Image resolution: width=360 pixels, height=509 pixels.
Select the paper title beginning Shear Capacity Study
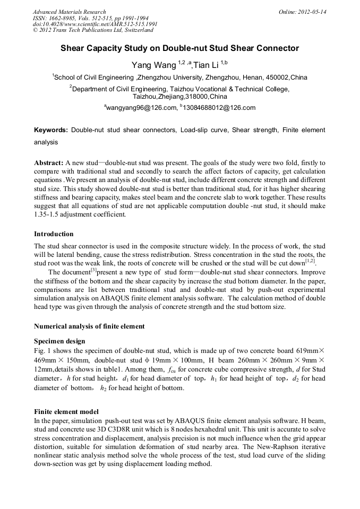pos(179,48)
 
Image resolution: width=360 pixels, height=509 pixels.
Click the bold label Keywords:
pos(51,130)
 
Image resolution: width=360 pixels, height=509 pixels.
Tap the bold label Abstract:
pos(49,162)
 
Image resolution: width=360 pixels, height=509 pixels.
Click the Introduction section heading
pos(54,234)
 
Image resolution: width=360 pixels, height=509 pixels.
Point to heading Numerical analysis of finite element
pos(89,326)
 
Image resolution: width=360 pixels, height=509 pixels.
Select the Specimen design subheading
pos(59,341)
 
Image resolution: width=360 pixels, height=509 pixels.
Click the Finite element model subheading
pos(66,411)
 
